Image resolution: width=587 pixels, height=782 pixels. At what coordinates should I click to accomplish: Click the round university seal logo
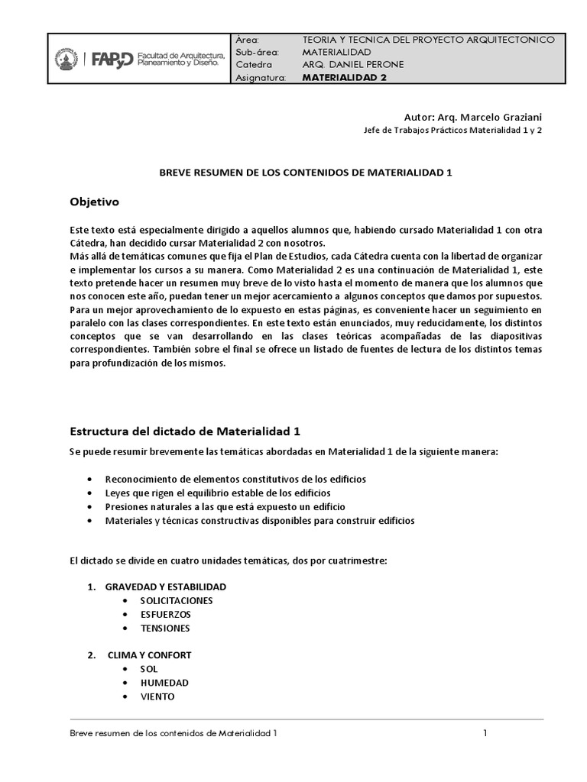(66, 60)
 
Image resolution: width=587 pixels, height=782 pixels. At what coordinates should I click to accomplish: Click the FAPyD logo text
(112, 59)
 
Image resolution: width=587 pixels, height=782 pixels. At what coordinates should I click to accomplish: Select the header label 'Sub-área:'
(258, 52)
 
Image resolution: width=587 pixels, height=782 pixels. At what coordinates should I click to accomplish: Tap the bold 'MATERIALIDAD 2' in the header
(344, 78)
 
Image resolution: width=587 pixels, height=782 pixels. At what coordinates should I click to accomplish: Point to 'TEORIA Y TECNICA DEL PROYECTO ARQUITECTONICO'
(434, 40)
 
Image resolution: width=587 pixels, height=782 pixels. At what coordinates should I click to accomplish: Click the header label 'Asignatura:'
(261, 78)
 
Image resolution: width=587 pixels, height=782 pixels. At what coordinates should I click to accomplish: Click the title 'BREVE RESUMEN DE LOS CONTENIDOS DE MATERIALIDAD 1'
(306, 173)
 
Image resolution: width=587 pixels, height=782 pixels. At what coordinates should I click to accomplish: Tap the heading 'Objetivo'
(95, 202)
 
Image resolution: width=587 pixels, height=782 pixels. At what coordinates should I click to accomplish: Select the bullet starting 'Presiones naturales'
(225, 506)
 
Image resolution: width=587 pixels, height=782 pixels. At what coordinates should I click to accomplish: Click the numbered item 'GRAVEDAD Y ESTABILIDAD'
(165, 586)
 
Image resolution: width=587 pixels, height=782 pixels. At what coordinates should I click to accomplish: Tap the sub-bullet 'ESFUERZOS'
(165, 614)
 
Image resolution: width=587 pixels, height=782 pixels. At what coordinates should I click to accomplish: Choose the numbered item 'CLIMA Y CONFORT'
(149, 655)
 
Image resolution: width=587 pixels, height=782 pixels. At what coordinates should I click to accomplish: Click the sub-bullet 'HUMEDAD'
(164, 683)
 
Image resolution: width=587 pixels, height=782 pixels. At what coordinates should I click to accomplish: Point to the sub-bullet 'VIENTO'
(157, 696)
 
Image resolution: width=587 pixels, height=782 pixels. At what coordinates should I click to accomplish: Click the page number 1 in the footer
(485, 734)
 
